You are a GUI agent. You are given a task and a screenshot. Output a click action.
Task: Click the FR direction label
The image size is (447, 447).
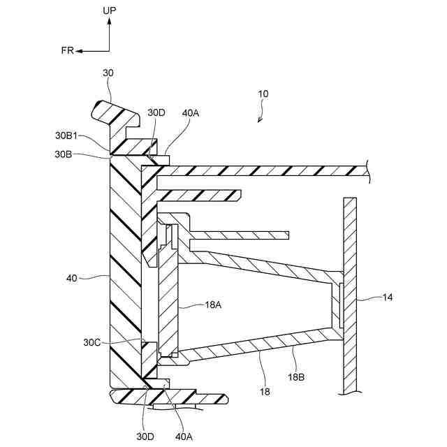(x=68, y=51)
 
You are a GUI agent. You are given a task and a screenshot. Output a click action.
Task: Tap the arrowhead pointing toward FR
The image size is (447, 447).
(x=79, y=51)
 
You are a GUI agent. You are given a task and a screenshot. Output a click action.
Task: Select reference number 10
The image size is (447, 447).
(x=263, y=94)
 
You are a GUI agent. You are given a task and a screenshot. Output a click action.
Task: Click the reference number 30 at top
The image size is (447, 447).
(x=108, y=73)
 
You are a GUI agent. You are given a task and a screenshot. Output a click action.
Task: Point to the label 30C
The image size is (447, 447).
(x=92, y=342)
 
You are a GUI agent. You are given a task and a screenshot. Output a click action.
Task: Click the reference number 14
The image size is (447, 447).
(x=388, y=298)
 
